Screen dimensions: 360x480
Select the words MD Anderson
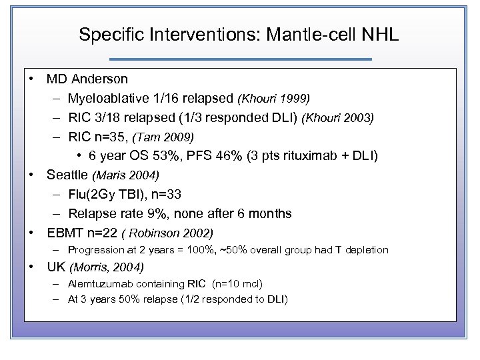point(87,79)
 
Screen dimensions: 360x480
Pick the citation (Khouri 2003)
point(338,118)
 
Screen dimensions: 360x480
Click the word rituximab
point(317,157)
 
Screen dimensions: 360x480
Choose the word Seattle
point(67,175)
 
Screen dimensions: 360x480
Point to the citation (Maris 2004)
point(126,176)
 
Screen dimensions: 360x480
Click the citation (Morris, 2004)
point(107,268)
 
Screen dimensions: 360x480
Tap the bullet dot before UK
point(32,267)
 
